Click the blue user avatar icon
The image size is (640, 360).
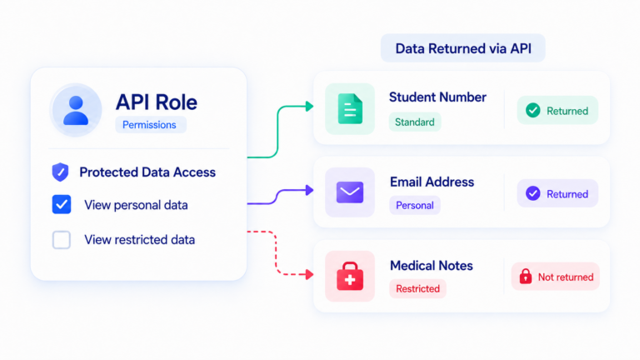76,110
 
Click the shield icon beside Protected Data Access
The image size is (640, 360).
60,172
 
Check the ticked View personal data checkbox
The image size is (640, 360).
62,204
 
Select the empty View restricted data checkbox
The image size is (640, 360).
62,240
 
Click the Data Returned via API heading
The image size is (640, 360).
463,48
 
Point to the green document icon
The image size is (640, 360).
350,109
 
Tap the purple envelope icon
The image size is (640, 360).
350,192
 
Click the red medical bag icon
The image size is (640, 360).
350,276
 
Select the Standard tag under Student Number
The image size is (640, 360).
415,122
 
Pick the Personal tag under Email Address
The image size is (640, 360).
415,205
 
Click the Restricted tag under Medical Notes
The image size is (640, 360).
417,288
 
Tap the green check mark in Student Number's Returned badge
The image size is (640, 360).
532,110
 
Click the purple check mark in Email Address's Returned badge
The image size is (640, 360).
532,193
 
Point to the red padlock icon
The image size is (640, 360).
526,277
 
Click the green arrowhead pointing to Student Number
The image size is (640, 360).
310,107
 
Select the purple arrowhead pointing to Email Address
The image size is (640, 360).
310,190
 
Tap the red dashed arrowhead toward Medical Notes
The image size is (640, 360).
310,274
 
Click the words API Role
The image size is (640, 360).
157,102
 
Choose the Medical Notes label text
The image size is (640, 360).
432,266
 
